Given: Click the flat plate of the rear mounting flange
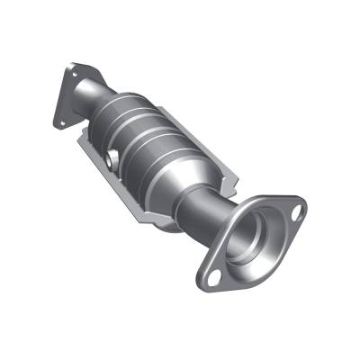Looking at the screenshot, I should (72, 90).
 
